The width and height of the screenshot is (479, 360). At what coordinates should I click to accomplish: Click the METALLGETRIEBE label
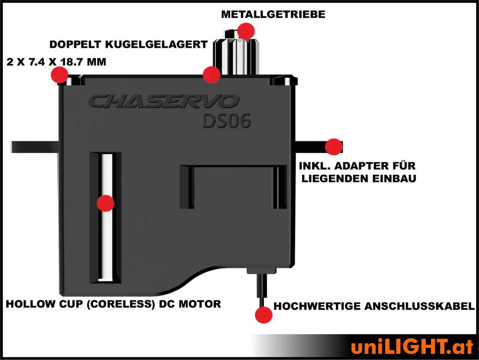273,15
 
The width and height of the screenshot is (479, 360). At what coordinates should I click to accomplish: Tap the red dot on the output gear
246,31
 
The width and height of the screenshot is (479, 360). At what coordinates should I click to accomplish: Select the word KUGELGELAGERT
156,44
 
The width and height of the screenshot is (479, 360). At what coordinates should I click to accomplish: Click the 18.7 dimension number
72,62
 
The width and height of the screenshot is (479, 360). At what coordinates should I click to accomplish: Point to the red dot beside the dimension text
59,74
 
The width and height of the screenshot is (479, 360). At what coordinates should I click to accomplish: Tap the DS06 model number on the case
227,121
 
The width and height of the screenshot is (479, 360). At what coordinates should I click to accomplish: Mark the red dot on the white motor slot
105,203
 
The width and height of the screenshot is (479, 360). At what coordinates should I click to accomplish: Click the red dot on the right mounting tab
334,147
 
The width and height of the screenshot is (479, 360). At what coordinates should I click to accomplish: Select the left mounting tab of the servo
35,147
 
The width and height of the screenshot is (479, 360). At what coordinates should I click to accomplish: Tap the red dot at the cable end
263,315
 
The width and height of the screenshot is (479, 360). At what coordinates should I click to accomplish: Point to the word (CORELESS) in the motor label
121,304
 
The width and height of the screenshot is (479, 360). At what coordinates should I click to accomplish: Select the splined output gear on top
236,52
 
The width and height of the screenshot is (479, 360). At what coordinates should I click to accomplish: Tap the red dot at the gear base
211,74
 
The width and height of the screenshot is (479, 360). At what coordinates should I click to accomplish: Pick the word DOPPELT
75,44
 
